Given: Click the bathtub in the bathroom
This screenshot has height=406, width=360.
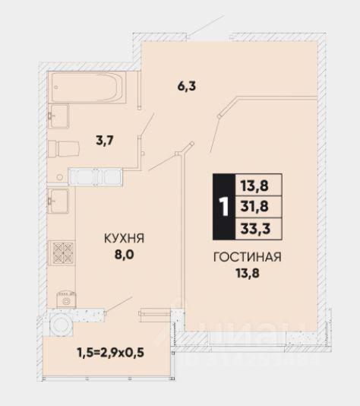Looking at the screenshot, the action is pos(87,87).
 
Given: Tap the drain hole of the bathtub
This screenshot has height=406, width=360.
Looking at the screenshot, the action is pos(56,87).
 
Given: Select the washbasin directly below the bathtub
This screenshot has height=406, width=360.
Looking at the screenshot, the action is pos(58,116).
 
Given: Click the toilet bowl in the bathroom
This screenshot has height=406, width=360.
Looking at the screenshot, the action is pos(69,148).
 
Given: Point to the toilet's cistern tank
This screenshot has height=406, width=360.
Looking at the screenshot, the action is pos(52,149).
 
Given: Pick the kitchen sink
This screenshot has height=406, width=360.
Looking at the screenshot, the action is pos(58,201).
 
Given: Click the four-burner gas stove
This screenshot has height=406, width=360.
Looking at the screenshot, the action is pos(62,252).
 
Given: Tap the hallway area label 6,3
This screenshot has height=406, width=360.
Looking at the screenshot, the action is pos(187,86).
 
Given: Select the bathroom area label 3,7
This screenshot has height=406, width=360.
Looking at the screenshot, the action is pos(105,141).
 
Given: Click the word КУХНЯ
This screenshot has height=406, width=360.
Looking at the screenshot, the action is pos(124,238).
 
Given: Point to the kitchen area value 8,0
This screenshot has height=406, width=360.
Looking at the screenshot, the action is pos(125,255).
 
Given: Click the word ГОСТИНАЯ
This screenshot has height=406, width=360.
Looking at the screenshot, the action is pos(248,257).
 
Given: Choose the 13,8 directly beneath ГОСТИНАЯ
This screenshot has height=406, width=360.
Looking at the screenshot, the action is pos(248,273).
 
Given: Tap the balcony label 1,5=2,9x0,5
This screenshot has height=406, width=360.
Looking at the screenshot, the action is pos(110,353).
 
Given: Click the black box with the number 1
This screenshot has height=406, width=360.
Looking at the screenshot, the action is pos(224,207).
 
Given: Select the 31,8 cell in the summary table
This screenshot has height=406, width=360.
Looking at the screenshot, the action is pos(254,207).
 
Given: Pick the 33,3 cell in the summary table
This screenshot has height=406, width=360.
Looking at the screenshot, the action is pos(255,229).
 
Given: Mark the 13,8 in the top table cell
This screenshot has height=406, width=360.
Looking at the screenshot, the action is pos(254,186).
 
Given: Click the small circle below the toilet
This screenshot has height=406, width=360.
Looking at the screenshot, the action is pos(60,177).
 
